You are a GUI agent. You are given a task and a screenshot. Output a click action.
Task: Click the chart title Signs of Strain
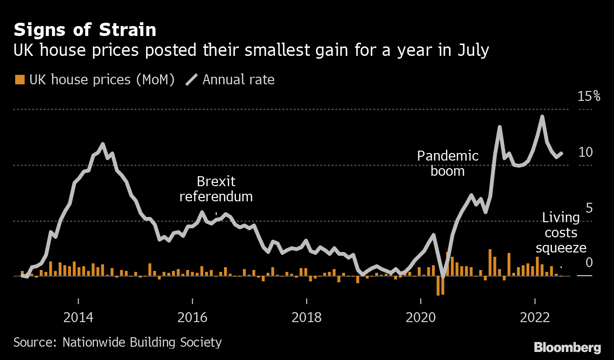click(85, 30)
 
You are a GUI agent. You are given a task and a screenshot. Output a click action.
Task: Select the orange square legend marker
click(19, 80)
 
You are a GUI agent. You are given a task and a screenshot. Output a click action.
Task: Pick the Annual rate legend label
click(238, 80)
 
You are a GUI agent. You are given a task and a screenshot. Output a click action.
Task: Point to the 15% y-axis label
click(589, 97)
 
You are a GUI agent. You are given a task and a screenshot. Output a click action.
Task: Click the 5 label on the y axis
click(589, 208)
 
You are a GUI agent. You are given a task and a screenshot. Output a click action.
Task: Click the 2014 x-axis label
click(79, 317)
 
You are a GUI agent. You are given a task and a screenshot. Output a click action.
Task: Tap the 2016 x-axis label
click(192, 317)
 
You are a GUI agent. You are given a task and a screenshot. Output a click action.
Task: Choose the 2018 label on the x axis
click(307, 317)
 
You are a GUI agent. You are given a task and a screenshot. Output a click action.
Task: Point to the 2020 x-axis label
click(421, 317)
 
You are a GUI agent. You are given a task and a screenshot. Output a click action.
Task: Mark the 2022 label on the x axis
click(535, 317)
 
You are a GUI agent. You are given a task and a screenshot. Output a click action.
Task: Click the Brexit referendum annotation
click(216, 189)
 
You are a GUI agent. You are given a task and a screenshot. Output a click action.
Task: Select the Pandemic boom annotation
click(448, 163)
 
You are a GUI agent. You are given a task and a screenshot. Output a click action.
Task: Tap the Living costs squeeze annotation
click(561, 233)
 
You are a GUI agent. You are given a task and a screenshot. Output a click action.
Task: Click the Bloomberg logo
click(568, 348)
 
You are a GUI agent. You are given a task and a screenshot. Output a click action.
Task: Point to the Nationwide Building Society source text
click(117, 342)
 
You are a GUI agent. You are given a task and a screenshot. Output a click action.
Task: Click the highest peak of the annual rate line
click(542, 117)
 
